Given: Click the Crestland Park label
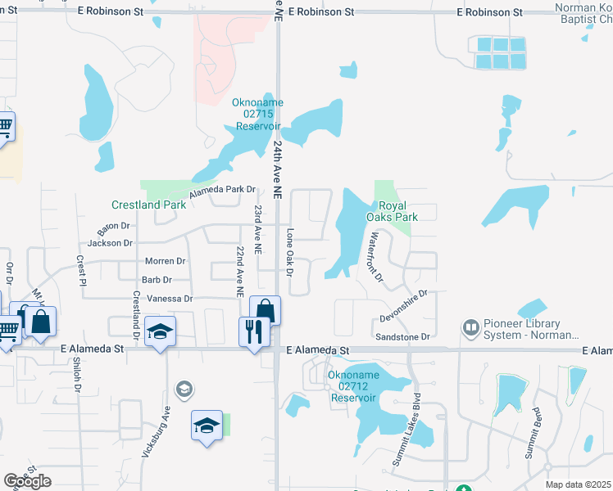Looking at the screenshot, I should pos(148,205).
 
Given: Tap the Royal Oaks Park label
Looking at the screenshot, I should pos(397,211).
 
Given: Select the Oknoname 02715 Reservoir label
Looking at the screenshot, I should pos(257,115).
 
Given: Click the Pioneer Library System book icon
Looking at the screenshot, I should pos(470,328).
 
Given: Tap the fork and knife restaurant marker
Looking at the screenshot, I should pos(253,331).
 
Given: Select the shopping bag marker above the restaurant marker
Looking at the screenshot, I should pos(265,310).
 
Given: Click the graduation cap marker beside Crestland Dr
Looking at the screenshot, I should pos(160,332).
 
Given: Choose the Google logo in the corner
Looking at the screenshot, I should pos(27,481).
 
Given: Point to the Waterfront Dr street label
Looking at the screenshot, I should pos(375,257).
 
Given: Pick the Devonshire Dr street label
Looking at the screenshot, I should pos(404,305).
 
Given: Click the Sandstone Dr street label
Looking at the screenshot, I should pos(402,336).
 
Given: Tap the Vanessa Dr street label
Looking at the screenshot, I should pos(169,299).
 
